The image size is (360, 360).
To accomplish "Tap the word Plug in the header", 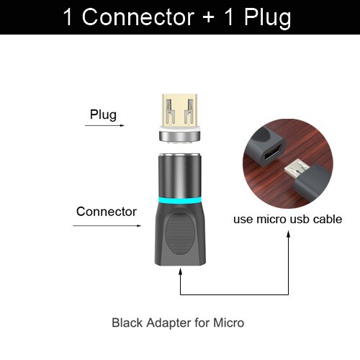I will pos(266,17).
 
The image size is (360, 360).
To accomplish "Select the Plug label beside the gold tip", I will pos(103,114).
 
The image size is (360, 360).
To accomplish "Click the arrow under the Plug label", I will pos(102,126).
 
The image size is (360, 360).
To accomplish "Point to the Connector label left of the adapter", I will pos(107,212).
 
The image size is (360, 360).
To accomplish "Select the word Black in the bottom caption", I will pos(126,323).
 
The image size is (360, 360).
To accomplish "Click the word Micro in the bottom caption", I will pos(230,323).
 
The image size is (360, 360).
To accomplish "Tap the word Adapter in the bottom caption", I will pos(168,323).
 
